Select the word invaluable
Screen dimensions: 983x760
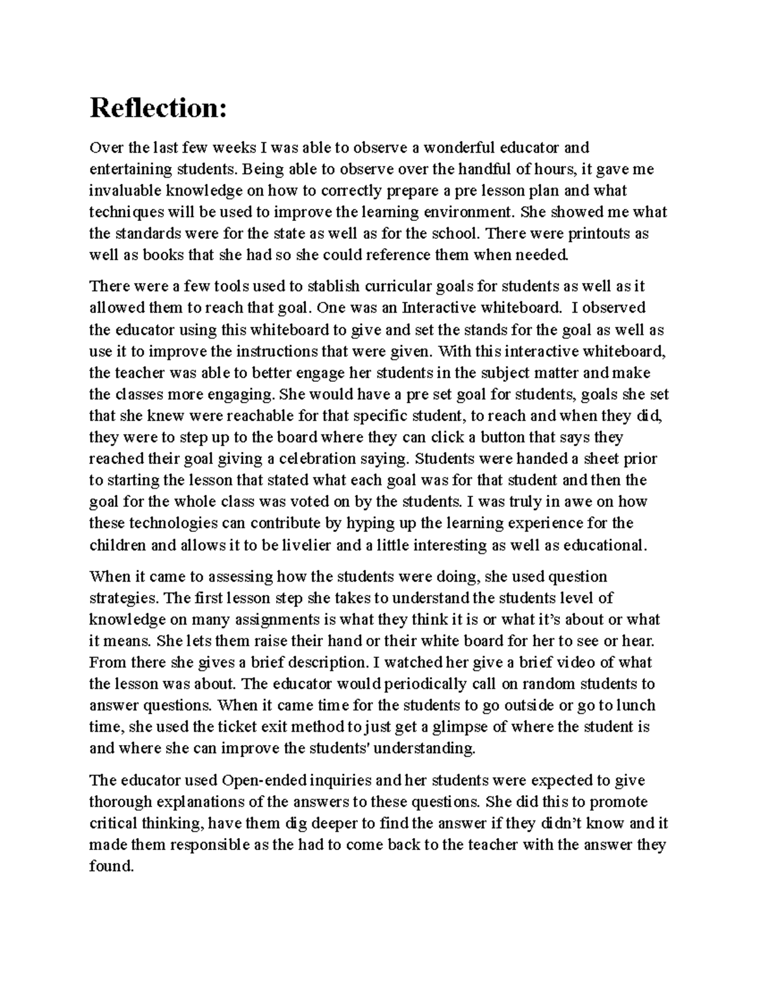pos(121,191)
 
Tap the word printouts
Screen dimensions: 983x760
pos(599,234)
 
